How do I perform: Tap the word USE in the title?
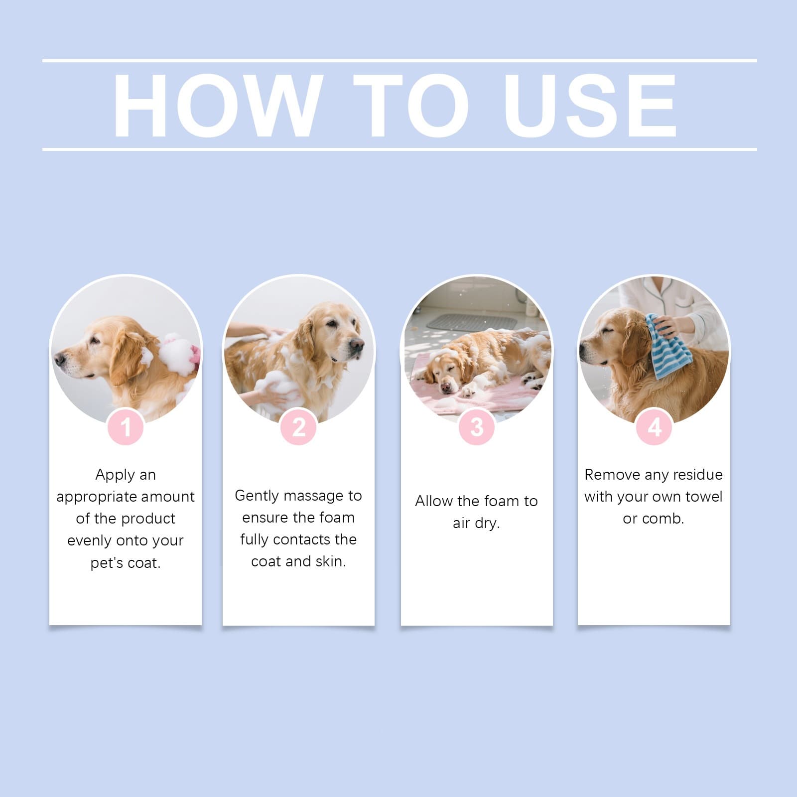[x=590, y=105]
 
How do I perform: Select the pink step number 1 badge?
[x=126, y=427]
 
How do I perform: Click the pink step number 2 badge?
[x=298, y=427]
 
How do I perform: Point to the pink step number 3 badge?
[x=477, y=427]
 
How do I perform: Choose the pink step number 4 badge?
[x=654, y=427]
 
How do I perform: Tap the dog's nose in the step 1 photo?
[x=59, y=358]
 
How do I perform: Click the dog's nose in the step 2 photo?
[x=357, y=345]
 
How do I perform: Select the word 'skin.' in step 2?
[x=330, y=561]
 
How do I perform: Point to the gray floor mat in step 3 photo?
[x=472, y=322]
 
